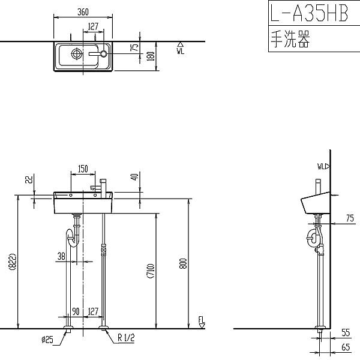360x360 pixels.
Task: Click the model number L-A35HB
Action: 309,13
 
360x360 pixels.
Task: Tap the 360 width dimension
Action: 83,11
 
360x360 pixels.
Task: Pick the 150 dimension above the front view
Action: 83,169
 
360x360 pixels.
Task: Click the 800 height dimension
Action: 183,264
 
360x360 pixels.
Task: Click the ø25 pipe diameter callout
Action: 47,339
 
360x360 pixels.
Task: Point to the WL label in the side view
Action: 322,166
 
